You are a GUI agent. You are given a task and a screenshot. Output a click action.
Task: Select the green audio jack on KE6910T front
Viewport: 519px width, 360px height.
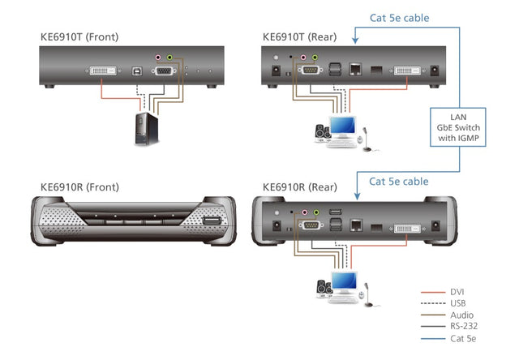(169, 58)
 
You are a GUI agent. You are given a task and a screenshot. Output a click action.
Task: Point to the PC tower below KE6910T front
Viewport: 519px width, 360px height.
(146, 128)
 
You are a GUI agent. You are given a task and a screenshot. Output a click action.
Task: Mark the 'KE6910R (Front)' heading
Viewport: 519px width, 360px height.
(79, 187)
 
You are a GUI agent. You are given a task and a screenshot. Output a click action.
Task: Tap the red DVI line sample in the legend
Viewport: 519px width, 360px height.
(432, 291)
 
